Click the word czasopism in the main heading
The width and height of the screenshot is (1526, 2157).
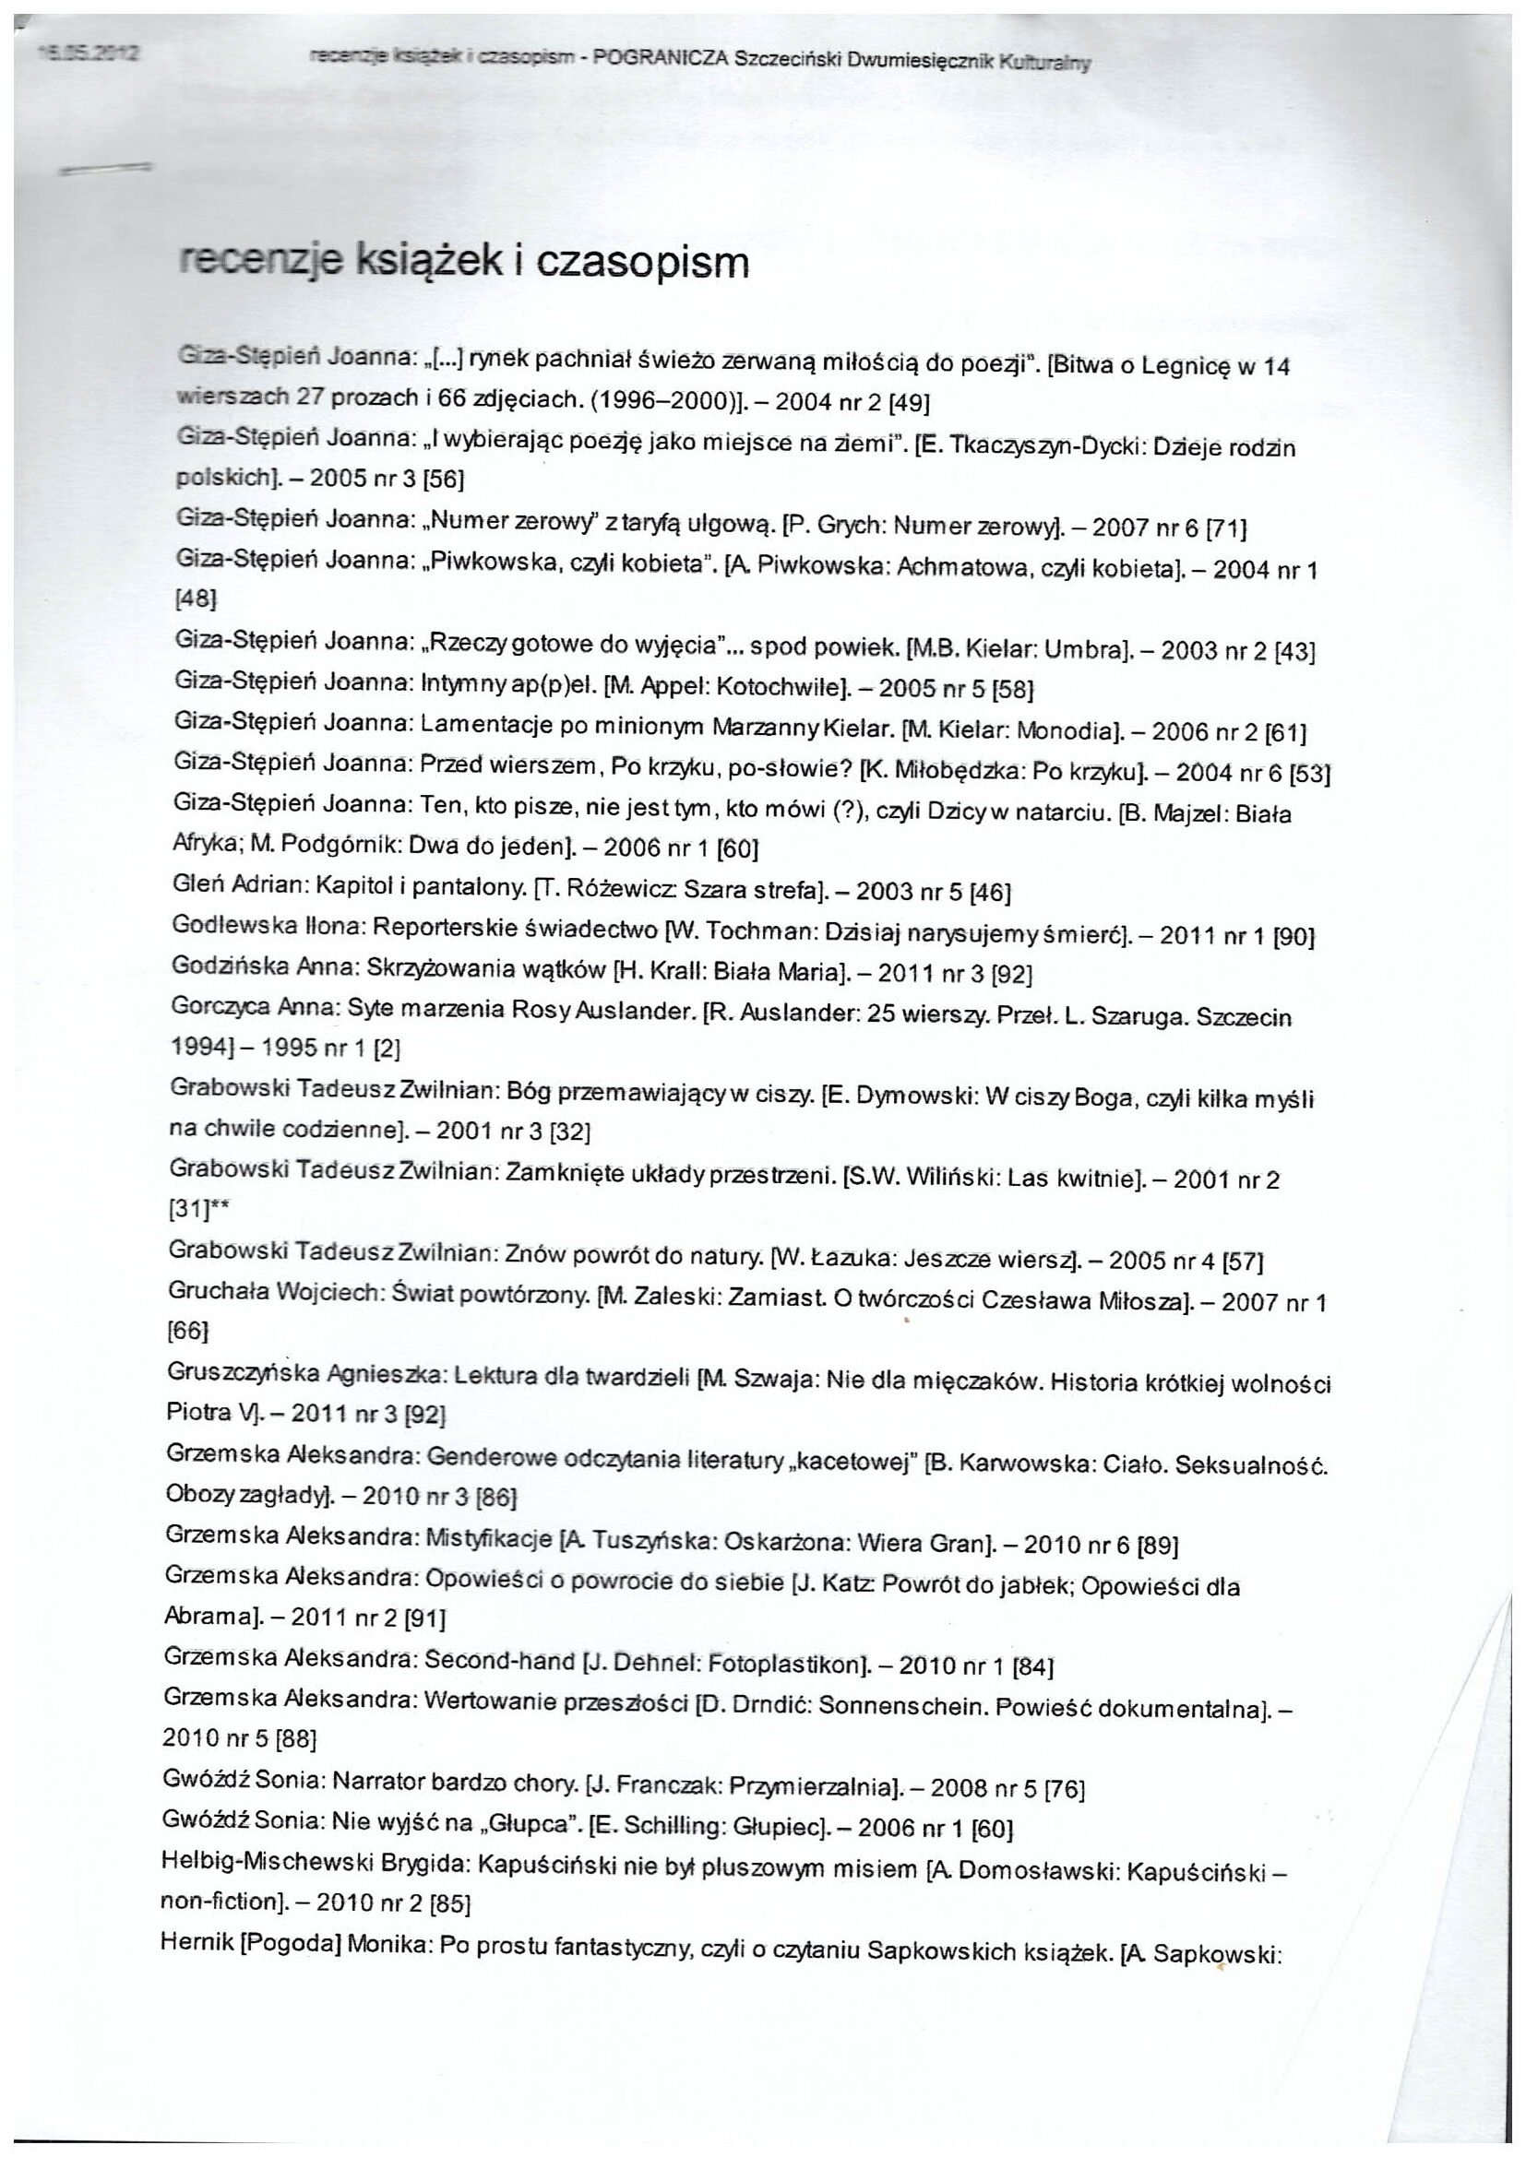tap(643, 264)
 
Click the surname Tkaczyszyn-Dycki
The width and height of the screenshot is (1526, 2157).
tap(1043, 447)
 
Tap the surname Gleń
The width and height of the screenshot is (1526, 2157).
tap(197, 885)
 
